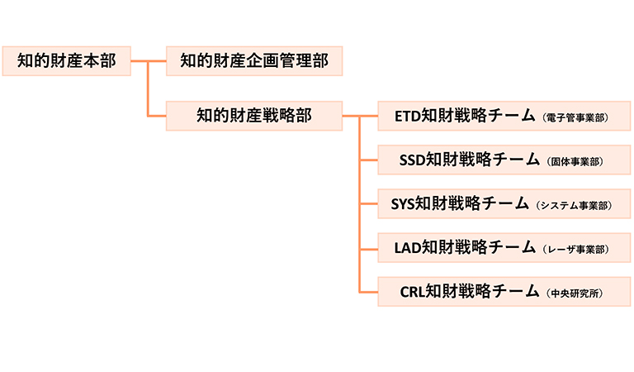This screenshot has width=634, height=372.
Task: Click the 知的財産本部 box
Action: click(x=67, y=60)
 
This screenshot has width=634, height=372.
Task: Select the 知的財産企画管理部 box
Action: click(x=253, y=60)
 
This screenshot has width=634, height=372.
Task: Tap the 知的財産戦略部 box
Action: click(x=253, y=116)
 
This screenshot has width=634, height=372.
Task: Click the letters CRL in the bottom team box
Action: click(x=412, y=291)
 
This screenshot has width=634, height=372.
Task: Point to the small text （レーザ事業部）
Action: click(x=576, y=249)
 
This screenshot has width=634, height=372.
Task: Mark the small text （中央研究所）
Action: click(x=575, y=293)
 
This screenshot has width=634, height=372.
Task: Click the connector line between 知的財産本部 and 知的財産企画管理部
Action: click(x=149, y=60)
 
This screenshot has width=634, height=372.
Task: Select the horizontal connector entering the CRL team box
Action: click(x=369, y=291)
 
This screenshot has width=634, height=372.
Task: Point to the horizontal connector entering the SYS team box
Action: click(x=369, y=203)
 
